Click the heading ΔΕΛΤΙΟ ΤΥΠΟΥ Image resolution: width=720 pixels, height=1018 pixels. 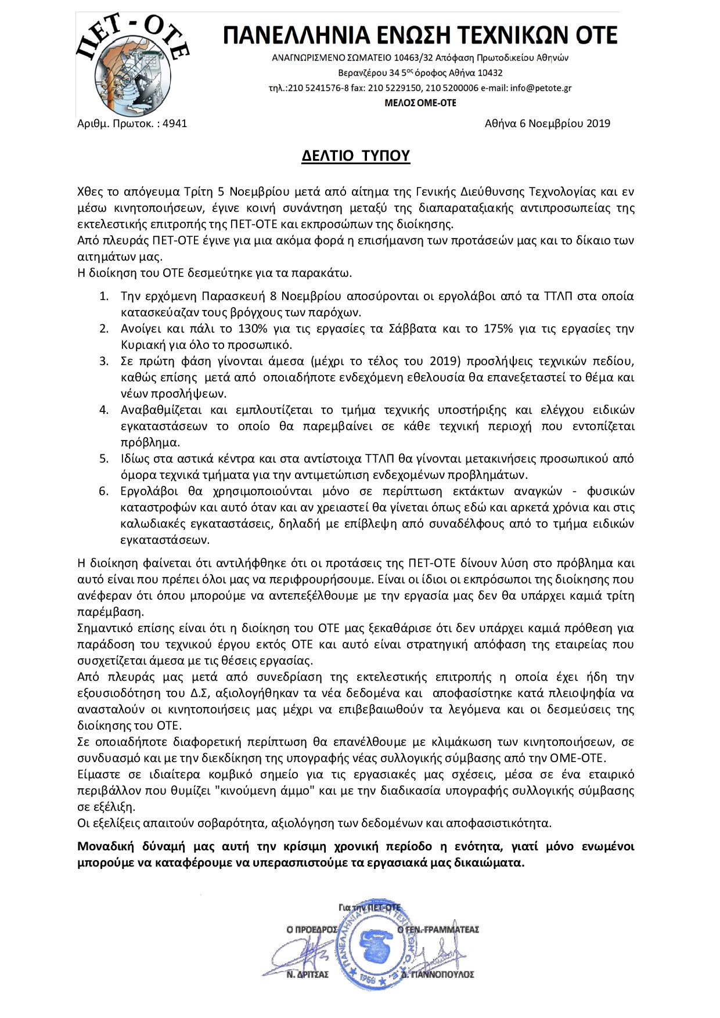coord(355,156)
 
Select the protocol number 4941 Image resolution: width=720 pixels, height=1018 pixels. coord(175,124)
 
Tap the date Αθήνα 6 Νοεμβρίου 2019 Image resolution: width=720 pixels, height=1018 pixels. coord(547,124)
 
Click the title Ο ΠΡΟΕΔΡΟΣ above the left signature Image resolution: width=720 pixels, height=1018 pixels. coord(312,929)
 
